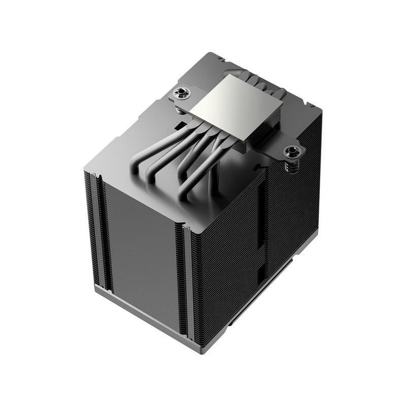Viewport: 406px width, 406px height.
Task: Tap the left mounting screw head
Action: point(179,92)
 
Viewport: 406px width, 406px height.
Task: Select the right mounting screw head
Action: point(293,151)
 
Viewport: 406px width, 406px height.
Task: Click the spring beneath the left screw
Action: point(179,105)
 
